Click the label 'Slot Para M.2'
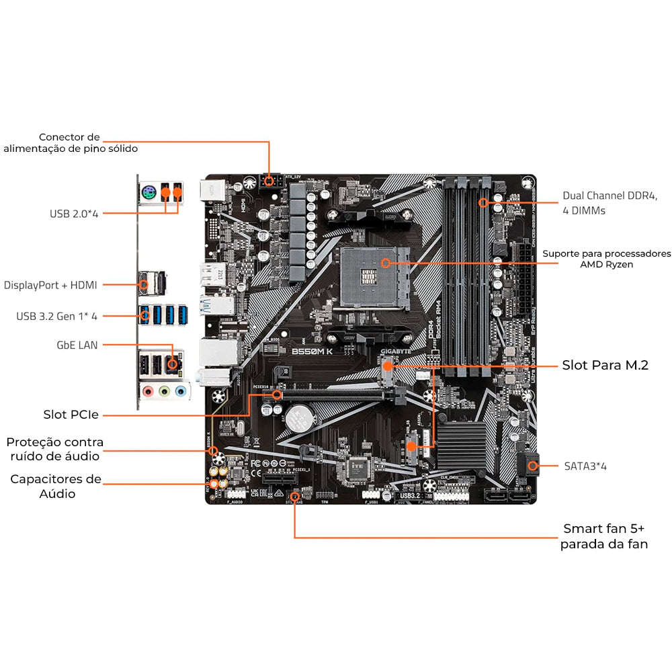click(x=605, y=366)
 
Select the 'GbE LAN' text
click(x=77, y=345)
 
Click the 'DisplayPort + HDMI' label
click(x=50, y=285)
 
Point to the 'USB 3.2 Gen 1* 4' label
click(x=57, y=315)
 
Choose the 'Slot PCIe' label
click(x=71, y=415)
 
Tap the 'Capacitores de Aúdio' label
click(x=55, y=487)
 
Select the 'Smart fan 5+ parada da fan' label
click(x=603, y=536)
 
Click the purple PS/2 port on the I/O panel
click(x=149, y=195)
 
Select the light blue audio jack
click(x=180, y=391)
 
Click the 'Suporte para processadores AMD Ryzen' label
click(x=606, y=259)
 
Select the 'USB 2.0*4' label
click(x=74, y=214)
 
